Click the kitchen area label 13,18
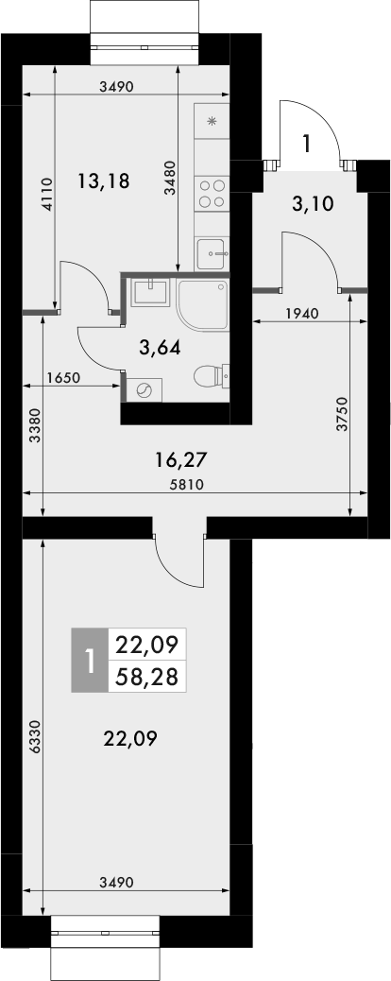point(103,181)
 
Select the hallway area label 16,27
point(180,460)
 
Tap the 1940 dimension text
point(301,314)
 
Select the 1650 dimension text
point(63,378)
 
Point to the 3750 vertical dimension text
point(342,414)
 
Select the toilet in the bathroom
point(207,376)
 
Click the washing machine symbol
point(144,389)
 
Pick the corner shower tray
point(203,302)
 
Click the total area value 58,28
point(148,677)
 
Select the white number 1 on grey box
point(90,661)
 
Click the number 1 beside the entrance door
point(306,144)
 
